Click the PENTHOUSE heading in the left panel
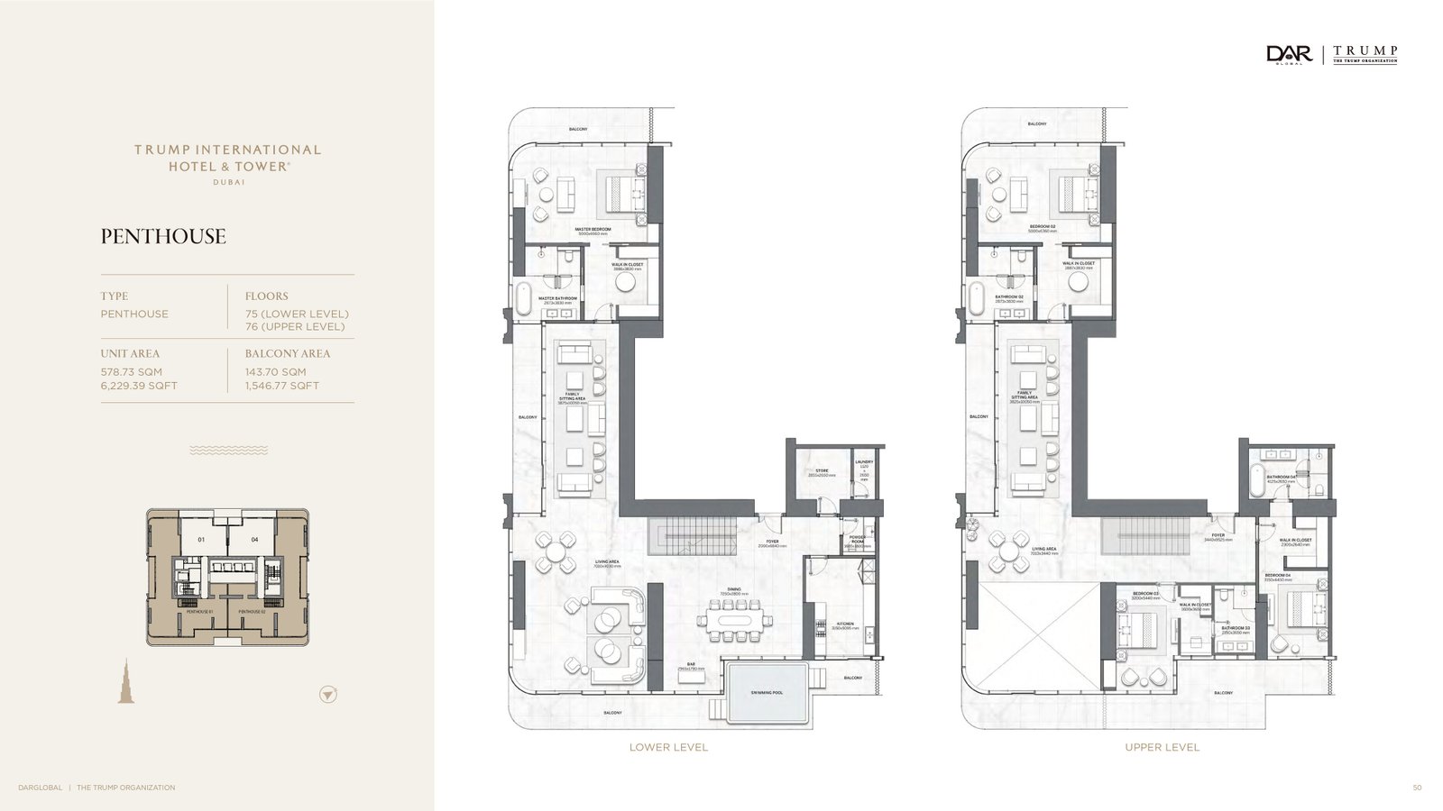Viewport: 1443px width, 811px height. point(163,237)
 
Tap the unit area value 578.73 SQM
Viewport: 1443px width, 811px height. point(132,372)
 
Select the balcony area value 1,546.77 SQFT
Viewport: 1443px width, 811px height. point(282,386)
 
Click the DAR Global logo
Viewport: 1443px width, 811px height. point(1289,55)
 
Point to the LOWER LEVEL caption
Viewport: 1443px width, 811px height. point(668,747)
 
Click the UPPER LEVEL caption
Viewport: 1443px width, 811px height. point(1162,747)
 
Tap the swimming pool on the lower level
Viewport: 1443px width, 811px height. point(767,692)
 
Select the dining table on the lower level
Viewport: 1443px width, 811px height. point(735,620)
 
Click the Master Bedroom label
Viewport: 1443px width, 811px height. point(593,230)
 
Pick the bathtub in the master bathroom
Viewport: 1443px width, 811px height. point(524,298)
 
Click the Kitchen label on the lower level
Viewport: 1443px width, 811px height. point(845,624)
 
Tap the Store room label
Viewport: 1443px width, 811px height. point(822,471)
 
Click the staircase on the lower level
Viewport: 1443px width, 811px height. point(691,537)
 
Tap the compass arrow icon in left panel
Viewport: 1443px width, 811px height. point(328,694)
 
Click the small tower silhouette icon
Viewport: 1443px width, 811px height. point(126,680)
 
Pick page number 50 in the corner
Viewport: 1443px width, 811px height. point(1417,788)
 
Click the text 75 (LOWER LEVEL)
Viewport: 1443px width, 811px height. point(297,314)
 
